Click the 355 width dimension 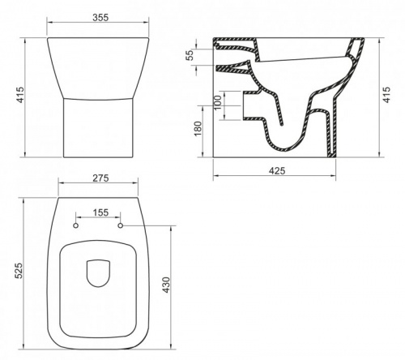coord(100,18)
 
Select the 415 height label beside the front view coord(20,95)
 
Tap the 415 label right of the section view coord(387,95)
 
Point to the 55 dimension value coord(190,55)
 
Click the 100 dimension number coord(219,102)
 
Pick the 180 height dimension coord(198,129)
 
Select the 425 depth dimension coord(277,171)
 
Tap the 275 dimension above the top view coord(100,178)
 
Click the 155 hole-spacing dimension coord(100,212)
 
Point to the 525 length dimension coord(19,271)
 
